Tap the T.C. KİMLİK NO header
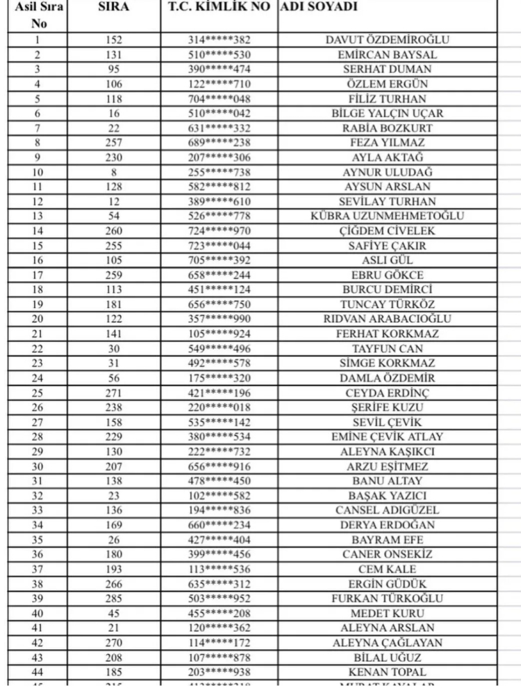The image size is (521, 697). click(220, 8)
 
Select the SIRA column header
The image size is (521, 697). click(114, 8)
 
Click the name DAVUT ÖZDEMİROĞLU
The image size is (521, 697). click(388, 40)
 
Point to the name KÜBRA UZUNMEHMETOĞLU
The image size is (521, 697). click(388, 216)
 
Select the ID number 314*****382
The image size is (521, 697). click(220, 40)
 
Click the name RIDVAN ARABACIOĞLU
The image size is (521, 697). click(388, 319)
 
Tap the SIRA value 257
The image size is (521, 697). click(114, 143)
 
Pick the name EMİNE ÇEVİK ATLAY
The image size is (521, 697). click(388, 437)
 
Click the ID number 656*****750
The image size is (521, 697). click(220, 304)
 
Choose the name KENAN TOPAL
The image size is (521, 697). click(388, 672)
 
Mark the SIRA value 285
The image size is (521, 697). click(114, 599)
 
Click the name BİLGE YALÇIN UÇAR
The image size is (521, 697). click(388, 114)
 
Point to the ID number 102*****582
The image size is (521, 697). click(220, 496)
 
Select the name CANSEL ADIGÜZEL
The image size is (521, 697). click(388, 510)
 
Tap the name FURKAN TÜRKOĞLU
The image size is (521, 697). click(388, 599)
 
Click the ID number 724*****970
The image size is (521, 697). click(220, 231)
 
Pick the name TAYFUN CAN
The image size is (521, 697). click(388, 349)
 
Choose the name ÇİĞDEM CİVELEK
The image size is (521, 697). click(388, 231)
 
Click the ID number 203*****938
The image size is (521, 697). click(220, 672)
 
